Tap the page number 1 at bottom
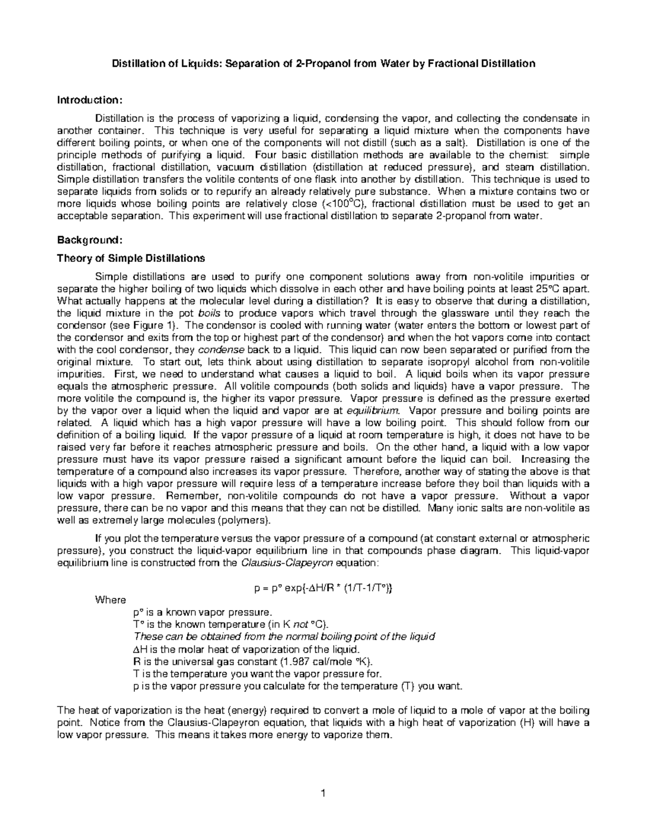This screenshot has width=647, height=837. (323, 793)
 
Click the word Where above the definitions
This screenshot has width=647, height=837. (111, 600)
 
